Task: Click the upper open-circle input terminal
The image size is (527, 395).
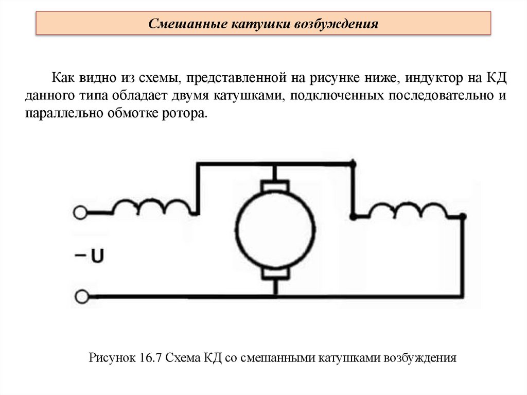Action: [80, 212]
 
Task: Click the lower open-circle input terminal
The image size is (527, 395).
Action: [80, 296]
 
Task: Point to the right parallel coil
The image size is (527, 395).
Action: [409, 209]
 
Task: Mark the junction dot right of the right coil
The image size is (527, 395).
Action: [463, 217]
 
